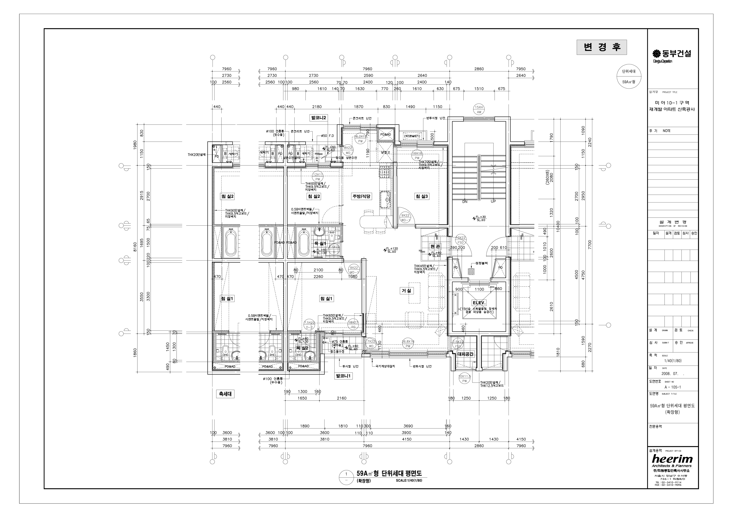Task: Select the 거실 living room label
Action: pos(407,291)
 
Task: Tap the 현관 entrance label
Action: pos(435,246)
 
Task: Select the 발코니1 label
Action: pos(343,376)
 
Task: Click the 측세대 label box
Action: pos(225,394)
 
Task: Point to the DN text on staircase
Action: pos(465,202)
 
